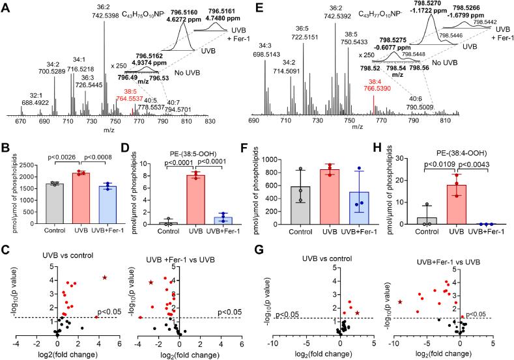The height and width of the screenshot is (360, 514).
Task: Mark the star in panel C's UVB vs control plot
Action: (104, 260)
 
